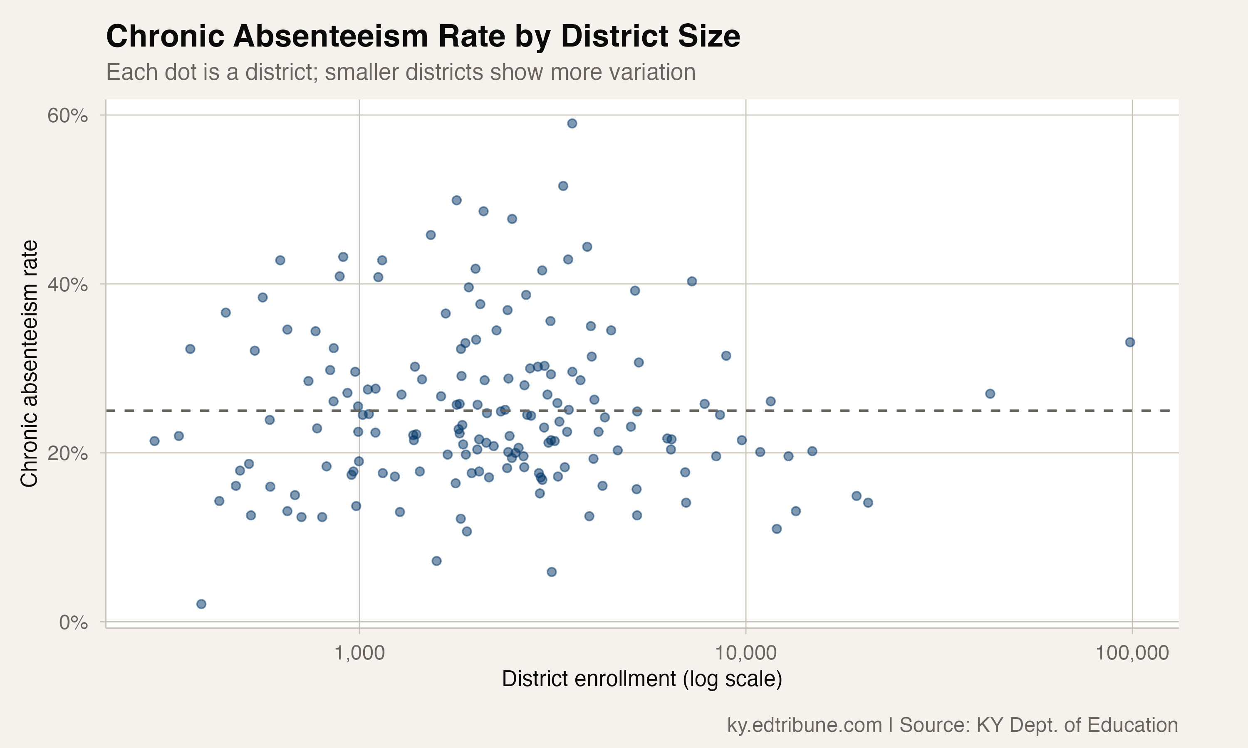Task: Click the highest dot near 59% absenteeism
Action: tap(572, 123)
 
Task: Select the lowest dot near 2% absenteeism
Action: tap(201, 604)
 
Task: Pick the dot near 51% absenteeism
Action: tap(563, 186)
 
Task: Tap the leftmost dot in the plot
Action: tap(154, 441)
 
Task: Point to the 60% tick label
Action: tap(67, 116)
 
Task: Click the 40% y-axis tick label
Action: tap(67, 285)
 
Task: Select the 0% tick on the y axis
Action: tap(73, 623)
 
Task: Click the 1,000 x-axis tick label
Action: tap(359, 653)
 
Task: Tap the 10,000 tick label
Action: tap(745, 653)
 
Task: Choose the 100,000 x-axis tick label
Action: tap(1132, 653)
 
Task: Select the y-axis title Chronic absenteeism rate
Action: tap(29, 363)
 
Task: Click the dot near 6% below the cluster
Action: tap(552, 571)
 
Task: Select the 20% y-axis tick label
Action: tap(67, 454)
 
